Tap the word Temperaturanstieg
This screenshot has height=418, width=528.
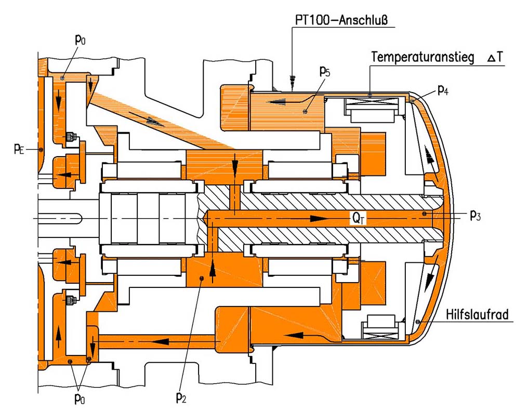coord(423,57)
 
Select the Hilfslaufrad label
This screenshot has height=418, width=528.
coord(477,315)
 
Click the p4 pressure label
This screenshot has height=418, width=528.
coord(443,90)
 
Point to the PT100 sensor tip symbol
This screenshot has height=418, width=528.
coord(292,80)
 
